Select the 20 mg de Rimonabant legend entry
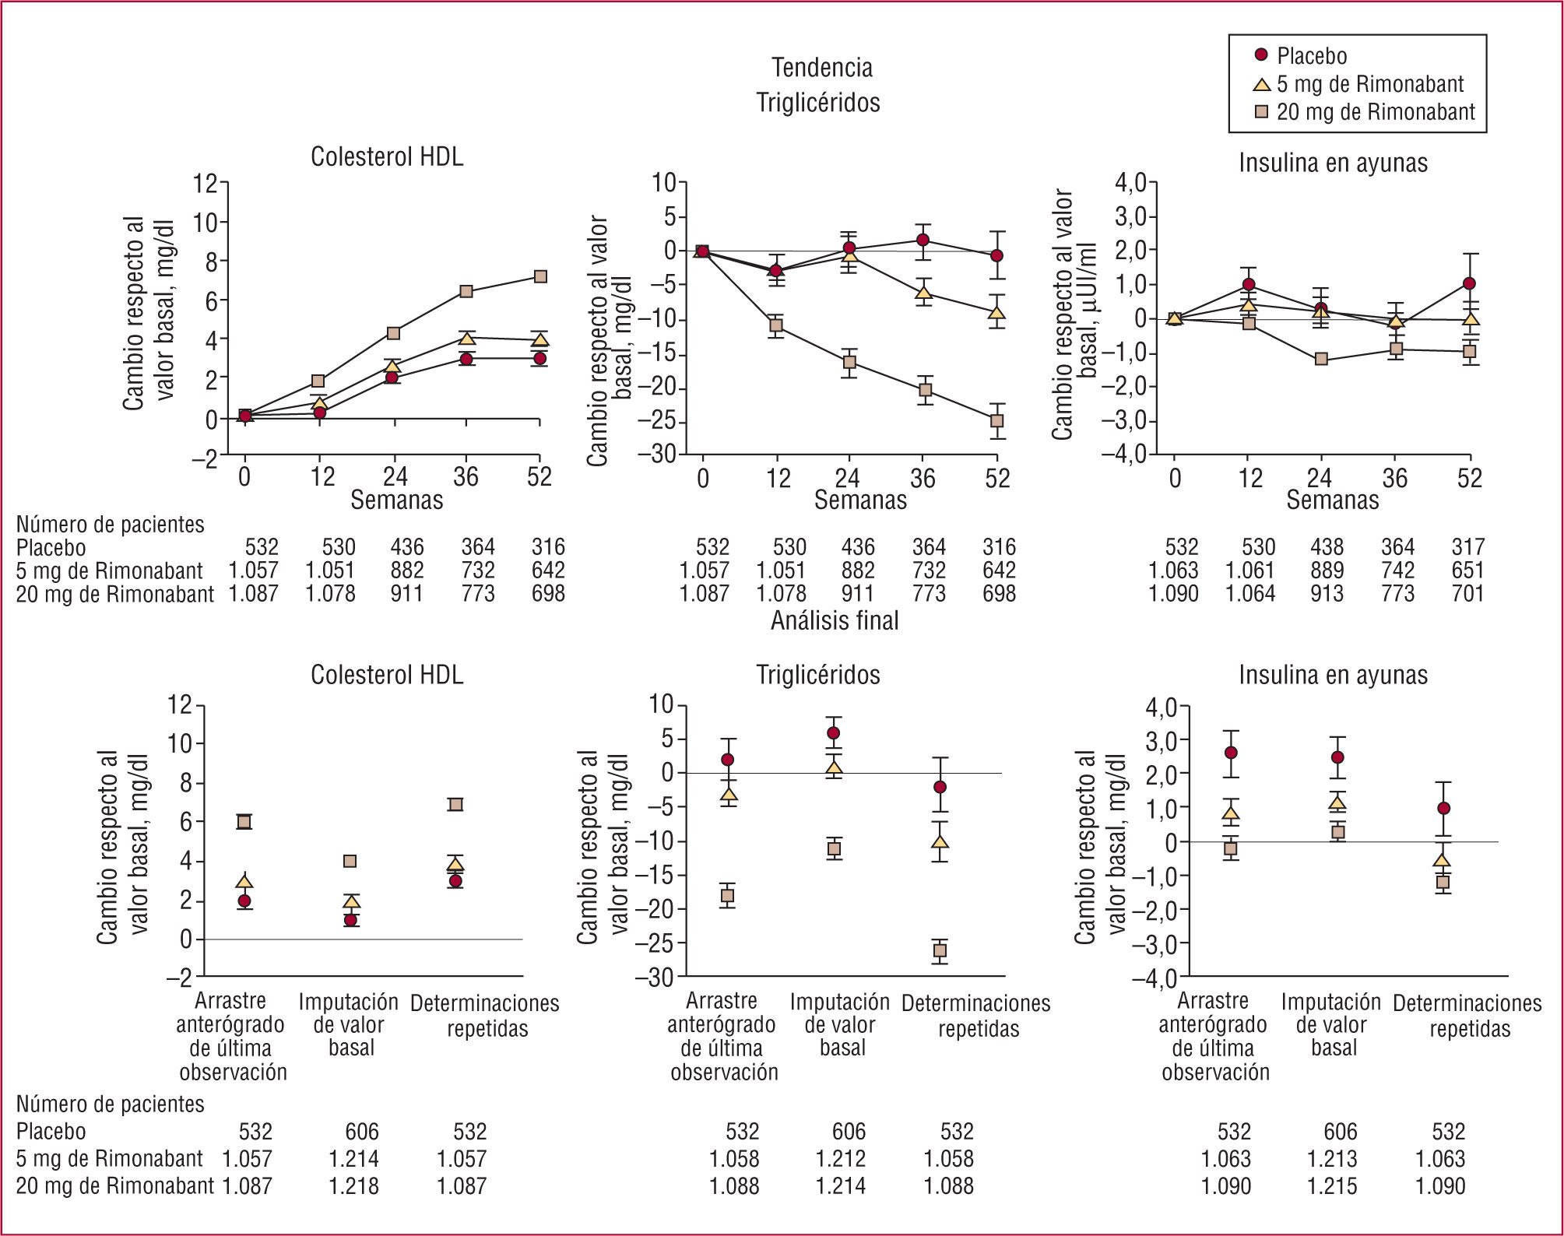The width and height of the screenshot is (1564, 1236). pyautogui.click(x=1375, y=112)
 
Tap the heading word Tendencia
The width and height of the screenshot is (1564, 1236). pyautogui.click(x=821, y=68)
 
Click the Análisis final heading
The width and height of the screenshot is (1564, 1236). pyautogui.click(x=835, y=620)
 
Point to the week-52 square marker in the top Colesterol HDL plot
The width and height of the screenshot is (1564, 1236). pyautogui.click(x=539, y=276)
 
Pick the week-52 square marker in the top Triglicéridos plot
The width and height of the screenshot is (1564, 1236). pyautogui.click(x=996, y=421)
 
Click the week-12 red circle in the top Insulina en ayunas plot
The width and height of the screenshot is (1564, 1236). pyautogui.click(x=1249, y=284)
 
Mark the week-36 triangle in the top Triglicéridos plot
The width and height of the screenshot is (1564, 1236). pyautogui.click(x=923, y=293)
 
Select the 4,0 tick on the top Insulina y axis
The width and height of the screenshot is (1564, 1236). pyautogui.click(x=1130, y=183)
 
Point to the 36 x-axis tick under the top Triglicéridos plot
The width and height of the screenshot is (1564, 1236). pyautogui.click(x=923, y=477)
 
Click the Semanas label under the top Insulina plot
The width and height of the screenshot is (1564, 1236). pyautogui.click(x=1332, y=500)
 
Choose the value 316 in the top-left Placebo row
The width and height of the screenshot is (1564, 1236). pyautogui.click(x=548, y=547)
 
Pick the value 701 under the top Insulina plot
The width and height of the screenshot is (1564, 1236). pyautogui.click(x=1467, y=594)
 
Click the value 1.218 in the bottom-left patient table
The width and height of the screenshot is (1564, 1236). pyautogui.click(x=353, y=1186)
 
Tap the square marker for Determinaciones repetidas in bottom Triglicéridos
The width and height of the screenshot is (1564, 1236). pyautogui.click(x=940, y=950)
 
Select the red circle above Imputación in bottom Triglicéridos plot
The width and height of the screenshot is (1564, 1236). pyautogui.click(x=833, y=732)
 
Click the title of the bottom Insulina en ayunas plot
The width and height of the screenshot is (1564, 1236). pyautogui.click(x=1333, y=675)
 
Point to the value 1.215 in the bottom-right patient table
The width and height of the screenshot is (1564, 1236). pyautogui.click(x=1332, y=1186)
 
